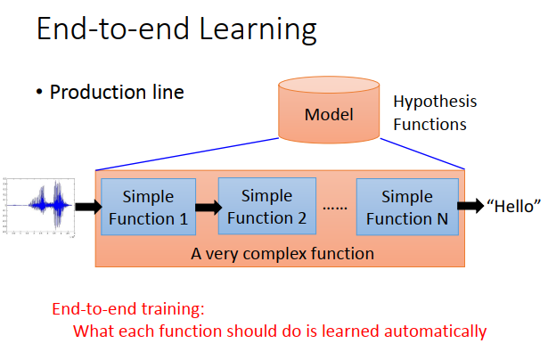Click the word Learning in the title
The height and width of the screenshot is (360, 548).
coord(258,30)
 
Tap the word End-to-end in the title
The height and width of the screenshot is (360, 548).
coord(113,29)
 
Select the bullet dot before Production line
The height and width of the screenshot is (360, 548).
coord(39,93)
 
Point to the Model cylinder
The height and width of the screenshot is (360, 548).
coord(329,110)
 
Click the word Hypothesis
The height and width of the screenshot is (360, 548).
coord(435,102)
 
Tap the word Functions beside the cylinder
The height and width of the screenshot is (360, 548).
coord(429,125)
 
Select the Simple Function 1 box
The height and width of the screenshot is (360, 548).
coord(148,207)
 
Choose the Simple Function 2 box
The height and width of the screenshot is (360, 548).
coord(267,206)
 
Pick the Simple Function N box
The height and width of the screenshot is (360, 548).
coord(407,207)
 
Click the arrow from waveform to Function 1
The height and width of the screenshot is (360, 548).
coord(89,207)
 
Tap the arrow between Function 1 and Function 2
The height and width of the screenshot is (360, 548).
coord(209,208)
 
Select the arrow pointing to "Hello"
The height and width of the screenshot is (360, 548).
coord(470,206)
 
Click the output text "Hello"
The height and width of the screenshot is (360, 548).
coord(513,206)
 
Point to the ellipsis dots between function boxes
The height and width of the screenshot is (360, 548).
coord(335,208)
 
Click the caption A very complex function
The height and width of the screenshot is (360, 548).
coord(282,254)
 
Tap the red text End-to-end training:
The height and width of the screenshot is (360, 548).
coord(128,309)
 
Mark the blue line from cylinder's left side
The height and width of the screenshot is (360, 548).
coord(187,154)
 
